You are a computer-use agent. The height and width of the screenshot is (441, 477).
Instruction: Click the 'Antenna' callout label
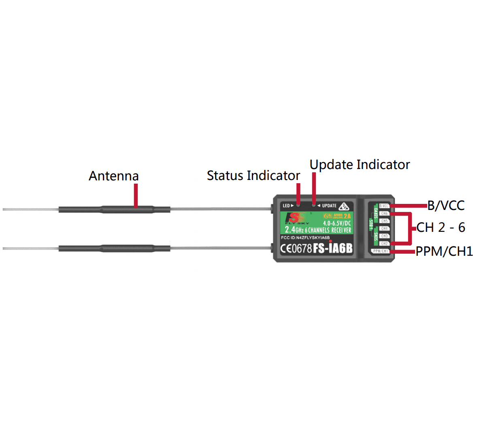tap(113, 176)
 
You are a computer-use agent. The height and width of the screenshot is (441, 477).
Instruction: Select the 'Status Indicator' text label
tap(253, 176)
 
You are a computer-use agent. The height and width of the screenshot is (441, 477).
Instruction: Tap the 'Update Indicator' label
tap(360, 165)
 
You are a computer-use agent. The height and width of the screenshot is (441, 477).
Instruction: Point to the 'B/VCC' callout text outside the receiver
tap(446, 206)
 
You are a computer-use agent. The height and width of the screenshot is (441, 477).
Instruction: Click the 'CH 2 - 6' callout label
tap(441, 227)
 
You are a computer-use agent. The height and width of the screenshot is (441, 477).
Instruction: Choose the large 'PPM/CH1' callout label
tap(444, 251)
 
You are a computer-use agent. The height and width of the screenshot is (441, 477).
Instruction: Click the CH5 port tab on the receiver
tap(384, 221)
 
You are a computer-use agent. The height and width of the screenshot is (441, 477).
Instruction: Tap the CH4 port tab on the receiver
tap(384, 229)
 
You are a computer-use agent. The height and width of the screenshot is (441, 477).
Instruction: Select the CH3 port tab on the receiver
tap(384, 236)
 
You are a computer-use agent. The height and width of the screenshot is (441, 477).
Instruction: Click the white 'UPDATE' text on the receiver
tap(329, 206)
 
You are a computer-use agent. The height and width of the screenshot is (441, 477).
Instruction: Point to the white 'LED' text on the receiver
tap(286, 206)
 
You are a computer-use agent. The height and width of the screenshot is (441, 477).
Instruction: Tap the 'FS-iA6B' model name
tap(332, 248)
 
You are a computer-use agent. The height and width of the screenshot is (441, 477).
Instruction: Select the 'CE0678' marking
tap(296, 248)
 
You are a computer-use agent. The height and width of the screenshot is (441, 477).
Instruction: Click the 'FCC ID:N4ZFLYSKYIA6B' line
tap(305, 238)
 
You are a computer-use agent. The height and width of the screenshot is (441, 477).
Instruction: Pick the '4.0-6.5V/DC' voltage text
tap(337, 223)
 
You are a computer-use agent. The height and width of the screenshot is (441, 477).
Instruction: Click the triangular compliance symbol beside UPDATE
tap(344, 206)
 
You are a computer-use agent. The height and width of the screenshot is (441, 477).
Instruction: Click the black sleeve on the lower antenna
tap(114, 248)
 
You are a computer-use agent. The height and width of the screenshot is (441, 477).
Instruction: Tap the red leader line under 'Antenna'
tap(136, 196)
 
